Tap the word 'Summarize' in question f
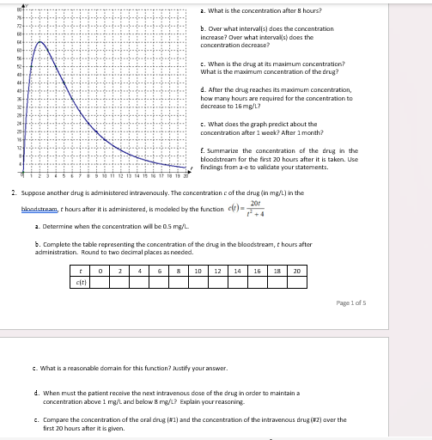pyautogui.click(x=222, y=151)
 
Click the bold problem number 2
pyautogui.click(x=13, y=193)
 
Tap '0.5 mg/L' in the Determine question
pyautogui.click(x=176, y=227)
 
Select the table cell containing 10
pyautogui.click(x=198, y=271)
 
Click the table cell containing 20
pyautogui.click(x=295, y=271)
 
